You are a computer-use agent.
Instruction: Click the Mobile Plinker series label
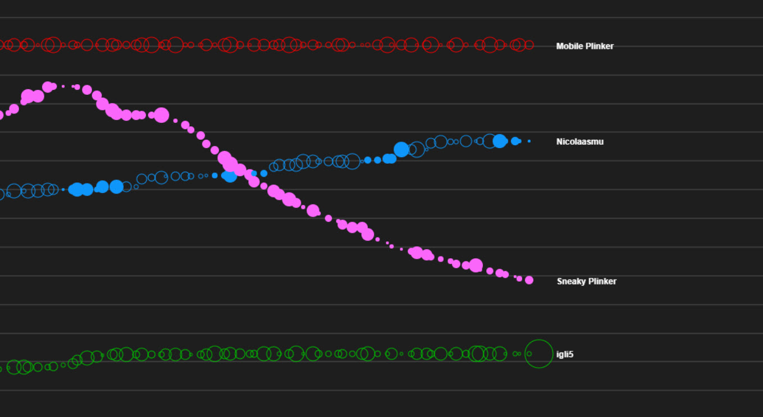pyautogui.click(x=584, y=46)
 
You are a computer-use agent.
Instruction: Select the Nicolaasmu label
pyautogui.click(x=579, y=141)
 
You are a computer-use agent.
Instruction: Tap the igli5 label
pyautogui.click(x=564, y=354)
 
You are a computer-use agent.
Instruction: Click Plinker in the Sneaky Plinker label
pyautogui.click(x=602, y=281)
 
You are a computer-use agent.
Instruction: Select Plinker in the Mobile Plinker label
pyautogui.click(x=599, y=46)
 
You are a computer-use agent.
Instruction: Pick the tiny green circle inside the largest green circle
pyautogui.click(x=529, y=354)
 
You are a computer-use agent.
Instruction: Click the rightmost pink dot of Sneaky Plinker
pyautogui.click(x=529, y=280)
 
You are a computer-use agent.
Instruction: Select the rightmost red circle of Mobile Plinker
pyautogui.click(x=529, y=45)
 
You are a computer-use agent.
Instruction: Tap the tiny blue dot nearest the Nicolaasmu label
pyautogui.click(x=529, y=141)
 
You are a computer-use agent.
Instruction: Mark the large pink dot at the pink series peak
pyautogui.click(x=48, y=86)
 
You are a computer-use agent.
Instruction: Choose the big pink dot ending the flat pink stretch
pyautogui.click(x=162, y=115)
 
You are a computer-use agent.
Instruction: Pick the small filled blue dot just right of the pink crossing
pyautogui.click(x=264, y=173)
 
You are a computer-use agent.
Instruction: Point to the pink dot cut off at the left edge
pyautogui.click(x=1, y=115)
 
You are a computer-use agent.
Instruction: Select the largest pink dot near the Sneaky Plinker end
pyautogui.click(x=476, y=265)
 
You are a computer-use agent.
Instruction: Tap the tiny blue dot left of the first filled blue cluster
pyautogui.click(x=63, y=190)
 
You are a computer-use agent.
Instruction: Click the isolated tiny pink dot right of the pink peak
pyautogui.click(x=63, y=86)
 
